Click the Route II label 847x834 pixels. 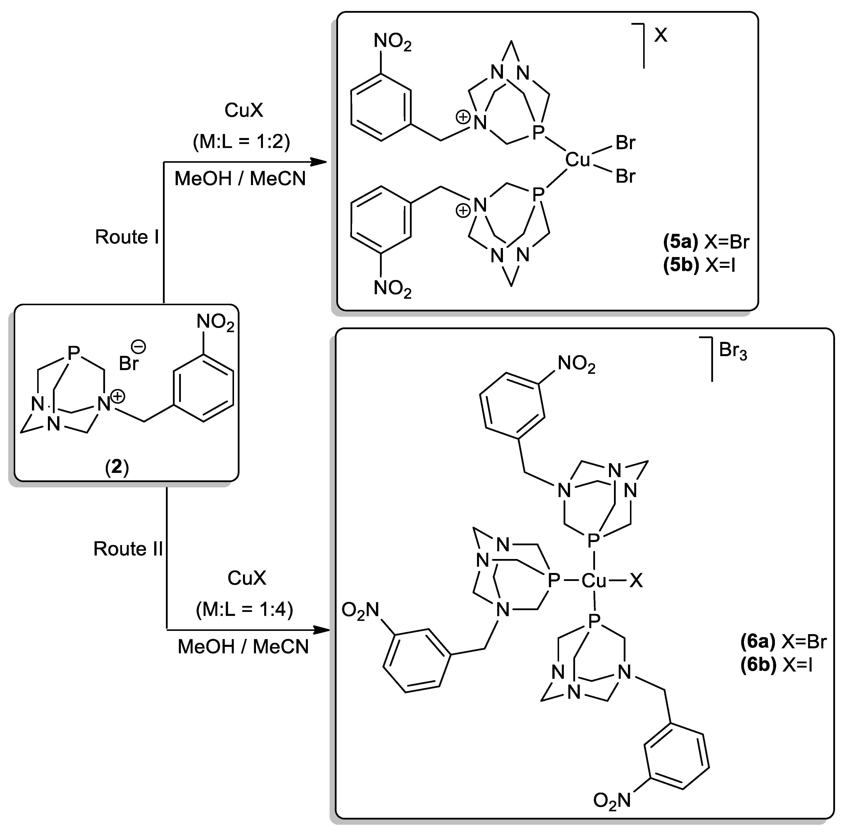128,549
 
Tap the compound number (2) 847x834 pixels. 117,467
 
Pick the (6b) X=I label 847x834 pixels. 776,665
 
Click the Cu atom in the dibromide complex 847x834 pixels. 578,160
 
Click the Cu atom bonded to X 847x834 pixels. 594,581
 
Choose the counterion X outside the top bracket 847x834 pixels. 660,35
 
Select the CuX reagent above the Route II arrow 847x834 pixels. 246,578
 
